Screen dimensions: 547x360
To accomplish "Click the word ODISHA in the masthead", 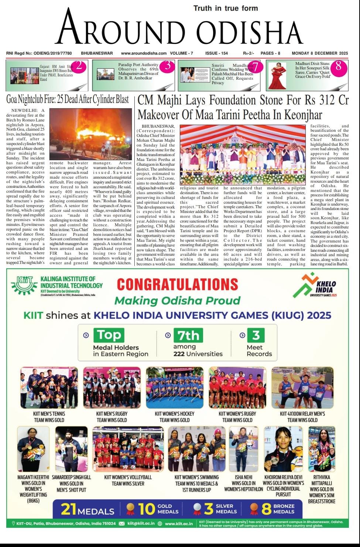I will (249, 31).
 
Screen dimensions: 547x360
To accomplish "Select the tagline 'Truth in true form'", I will (226, 8).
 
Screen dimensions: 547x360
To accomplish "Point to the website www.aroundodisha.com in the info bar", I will (144, 53).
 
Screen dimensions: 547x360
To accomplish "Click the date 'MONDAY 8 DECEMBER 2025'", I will (320, 53).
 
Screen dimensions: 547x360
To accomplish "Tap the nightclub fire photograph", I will (90, 134).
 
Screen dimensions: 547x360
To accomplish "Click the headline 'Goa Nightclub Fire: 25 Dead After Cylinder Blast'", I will (68, 99).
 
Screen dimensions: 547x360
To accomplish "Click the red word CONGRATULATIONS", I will (177, 284).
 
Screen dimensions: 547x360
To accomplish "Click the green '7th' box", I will (188, 335).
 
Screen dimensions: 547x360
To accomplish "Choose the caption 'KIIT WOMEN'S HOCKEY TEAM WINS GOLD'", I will (175, 417).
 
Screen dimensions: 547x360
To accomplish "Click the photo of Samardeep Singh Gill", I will (71, 449).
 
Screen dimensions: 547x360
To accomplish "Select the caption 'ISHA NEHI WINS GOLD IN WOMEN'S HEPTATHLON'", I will (243, 483).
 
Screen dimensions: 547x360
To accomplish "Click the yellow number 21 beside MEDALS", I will (68, 509).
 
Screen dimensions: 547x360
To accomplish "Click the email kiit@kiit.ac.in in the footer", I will (141, 523).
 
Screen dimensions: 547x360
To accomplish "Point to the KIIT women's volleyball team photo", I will (128, 449).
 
